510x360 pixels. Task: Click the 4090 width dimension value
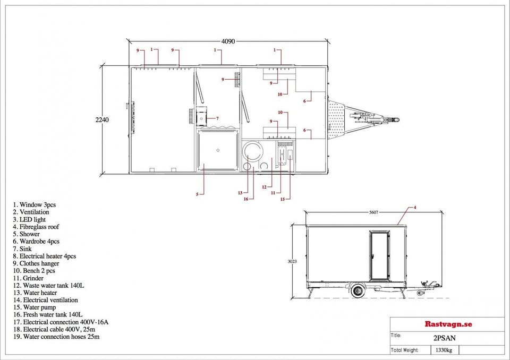pos(228,41)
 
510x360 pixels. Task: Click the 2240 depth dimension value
pos(102,119)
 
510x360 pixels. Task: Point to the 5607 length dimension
pos(373,212)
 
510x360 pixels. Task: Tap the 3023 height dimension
pos(292,261)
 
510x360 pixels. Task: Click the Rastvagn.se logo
pos(448,324)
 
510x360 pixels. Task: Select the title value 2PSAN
pos(444,338)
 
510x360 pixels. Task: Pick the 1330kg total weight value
pos(444,350)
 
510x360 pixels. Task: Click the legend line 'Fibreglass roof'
pos(36,227)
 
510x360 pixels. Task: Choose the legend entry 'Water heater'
pos(35,293)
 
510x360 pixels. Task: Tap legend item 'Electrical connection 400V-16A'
pos(61,322)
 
